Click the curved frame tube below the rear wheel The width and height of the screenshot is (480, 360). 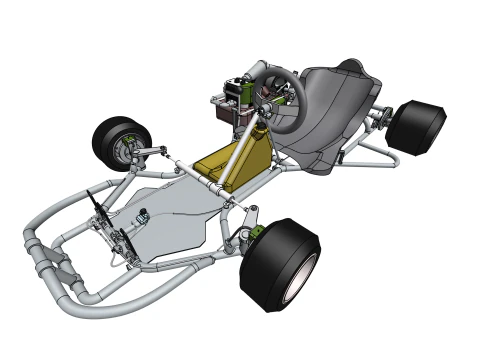385,155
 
